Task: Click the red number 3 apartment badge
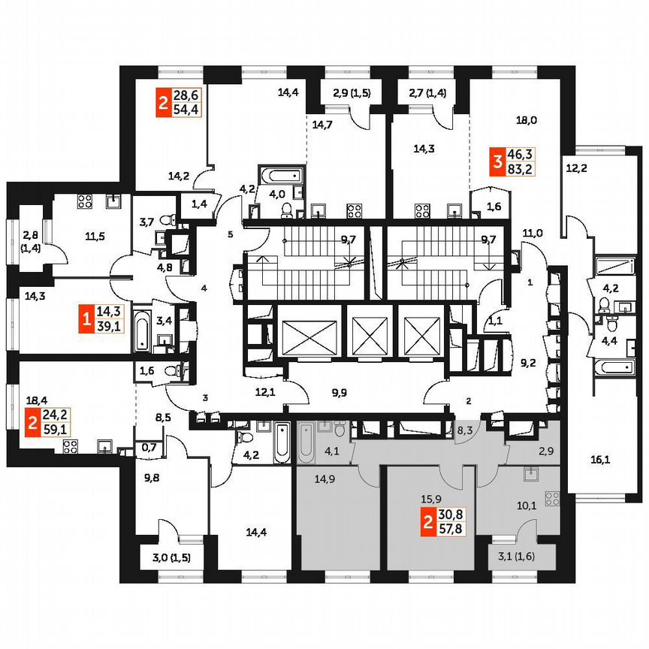point(497,161)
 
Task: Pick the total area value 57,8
point(453,530)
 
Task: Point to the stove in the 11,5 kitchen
point(84,201)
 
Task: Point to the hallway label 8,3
point(465,430)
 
